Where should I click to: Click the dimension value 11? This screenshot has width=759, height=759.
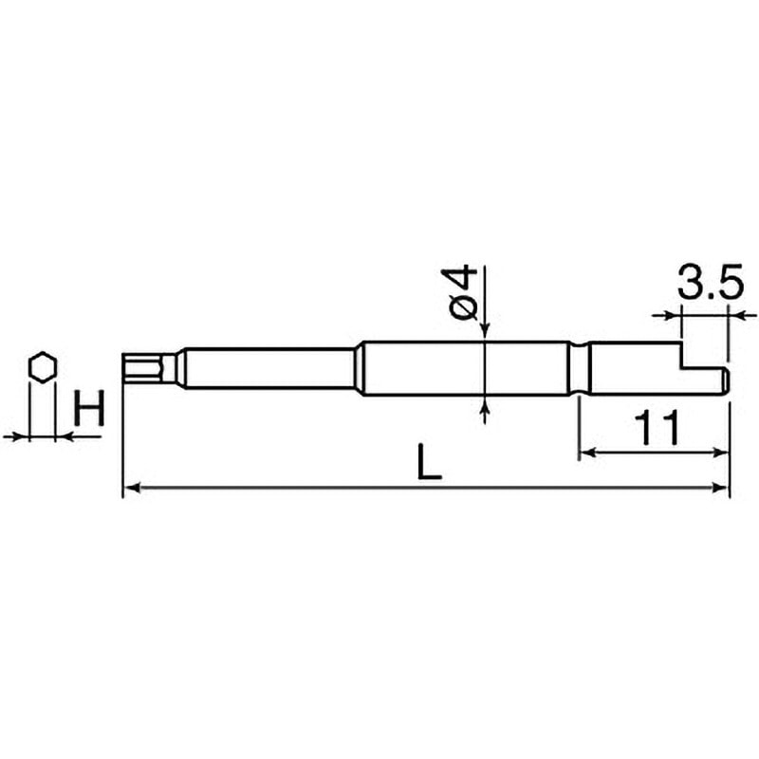pos(654,429)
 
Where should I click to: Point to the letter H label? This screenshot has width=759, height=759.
pos(88,410)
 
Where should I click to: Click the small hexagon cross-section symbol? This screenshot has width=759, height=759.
pos(42,367)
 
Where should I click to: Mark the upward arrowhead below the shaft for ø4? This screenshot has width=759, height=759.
pos(485,404)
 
